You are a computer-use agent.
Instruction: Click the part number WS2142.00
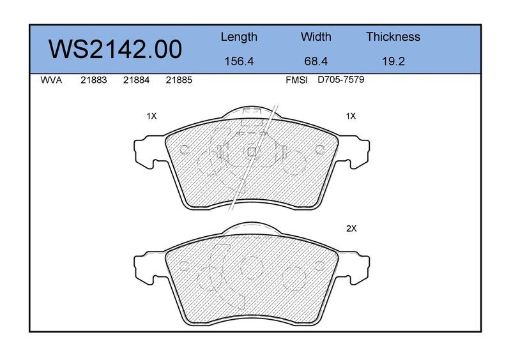(115, 49)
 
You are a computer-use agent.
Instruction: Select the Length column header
(239, 37)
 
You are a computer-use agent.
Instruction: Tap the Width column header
(316, 36)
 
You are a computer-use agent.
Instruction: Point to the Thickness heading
(393, 36)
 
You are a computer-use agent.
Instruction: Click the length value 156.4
(239, 61)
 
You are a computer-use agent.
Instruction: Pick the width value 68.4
(316, 61)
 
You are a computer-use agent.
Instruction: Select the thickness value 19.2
(393, 61)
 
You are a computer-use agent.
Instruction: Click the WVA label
(51, 80)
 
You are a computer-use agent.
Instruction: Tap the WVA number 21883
(93, 80)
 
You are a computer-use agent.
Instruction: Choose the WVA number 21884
(136, 80)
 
